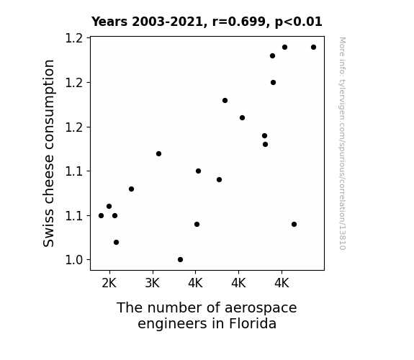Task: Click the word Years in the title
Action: point(109,22)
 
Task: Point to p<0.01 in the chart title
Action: point(299,22)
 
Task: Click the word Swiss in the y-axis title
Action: point(48,230)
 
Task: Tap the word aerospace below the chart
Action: point(261,308)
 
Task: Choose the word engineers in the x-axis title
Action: point(173,324)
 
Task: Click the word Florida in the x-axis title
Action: point(253,323)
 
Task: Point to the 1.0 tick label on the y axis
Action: point(74,260)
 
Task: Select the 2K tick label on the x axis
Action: point(109,284)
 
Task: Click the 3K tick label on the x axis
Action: point(153,284)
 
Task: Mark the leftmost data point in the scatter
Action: point(101,216)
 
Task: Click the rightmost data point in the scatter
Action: point(313,48)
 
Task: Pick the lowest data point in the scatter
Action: point(180,260)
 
